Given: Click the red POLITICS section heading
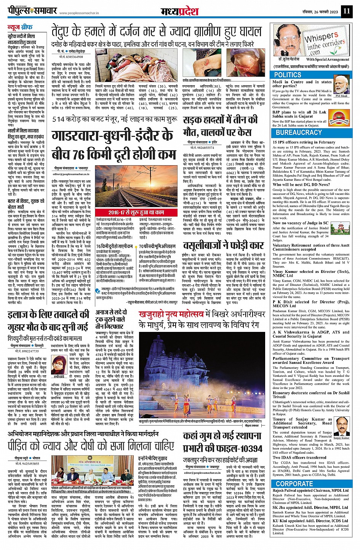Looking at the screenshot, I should pyautogui.click(x=288, y=75).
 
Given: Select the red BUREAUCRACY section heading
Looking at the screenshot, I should pyautogui.click(x=299, y=132).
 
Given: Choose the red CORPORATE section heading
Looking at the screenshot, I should pyautogui.click(x=294, y=484).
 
